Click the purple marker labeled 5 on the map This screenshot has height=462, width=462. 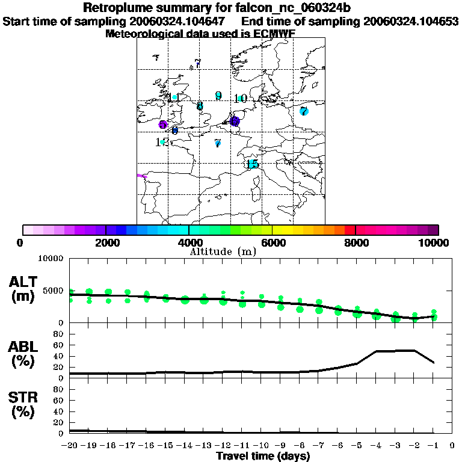tap(162, 125)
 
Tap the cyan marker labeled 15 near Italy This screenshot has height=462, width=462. tap(253, 164)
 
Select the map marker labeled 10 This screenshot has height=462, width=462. tap(240, 99)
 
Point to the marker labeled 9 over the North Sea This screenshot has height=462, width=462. tap(218, 96)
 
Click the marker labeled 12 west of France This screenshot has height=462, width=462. tap(161, 143)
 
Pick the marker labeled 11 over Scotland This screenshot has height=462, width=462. tap(174, 97)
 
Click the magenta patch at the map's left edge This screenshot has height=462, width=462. tap(142, 176)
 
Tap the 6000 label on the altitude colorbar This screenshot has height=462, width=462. tap(273, 242)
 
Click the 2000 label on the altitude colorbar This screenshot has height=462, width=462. tap(106, 242)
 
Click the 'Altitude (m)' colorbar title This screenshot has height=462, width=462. tap(223, 251)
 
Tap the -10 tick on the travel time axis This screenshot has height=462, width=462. tap(263, 446)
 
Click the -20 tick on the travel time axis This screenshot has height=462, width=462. tap(70, 446)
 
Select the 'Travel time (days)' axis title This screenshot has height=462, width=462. tap(263, 456)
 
